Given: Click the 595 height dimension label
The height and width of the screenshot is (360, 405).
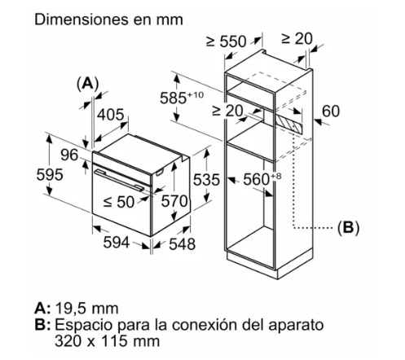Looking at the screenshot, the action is pyautogui.click(x=50, y=174).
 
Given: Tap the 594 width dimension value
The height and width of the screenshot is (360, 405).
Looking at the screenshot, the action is pyautogui.click(x=117, y=242).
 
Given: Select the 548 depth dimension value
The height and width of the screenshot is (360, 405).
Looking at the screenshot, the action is pyautogui.click(x=182, y=244).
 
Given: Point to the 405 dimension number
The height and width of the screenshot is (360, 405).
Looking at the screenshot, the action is pyautogui.click(x=111, y=115).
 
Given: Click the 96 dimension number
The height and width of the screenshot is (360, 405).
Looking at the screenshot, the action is pyautogui.click(x=69, y=155).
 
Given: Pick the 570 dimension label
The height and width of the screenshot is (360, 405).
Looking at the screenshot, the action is pyautogui.click(x=174, y=201).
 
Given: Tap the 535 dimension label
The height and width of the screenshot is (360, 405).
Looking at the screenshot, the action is pyautogui.click(x=206, y=180).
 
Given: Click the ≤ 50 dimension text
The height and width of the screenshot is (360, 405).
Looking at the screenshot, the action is pyautogui.click(x=119, y=202).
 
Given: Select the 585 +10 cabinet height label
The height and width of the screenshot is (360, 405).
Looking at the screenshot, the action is pyautogui.click(x=182, y=98).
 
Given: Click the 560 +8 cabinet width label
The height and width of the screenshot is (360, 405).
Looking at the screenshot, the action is pyautogui.click(x=262, y=179).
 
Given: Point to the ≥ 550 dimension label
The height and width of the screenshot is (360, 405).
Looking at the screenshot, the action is pyautogui.click(x=227, y=42).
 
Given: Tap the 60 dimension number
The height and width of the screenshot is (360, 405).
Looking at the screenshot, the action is pyautogui.click(x=331, y=111).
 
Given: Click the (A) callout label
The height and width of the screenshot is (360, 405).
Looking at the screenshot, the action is pyautogui.click(x=87, y=83).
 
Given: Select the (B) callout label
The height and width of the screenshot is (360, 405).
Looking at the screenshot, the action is pyautogui.click(x=348, y=227).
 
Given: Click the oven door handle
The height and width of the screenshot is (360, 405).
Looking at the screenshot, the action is pyautogui.click(x=119, y=179).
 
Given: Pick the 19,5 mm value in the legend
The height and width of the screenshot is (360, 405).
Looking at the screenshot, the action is pyautogui.click(x=87, y=309).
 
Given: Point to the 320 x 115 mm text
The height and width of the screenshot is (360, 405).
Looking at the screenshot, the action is pyautogui.click(x=107, y=341).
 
